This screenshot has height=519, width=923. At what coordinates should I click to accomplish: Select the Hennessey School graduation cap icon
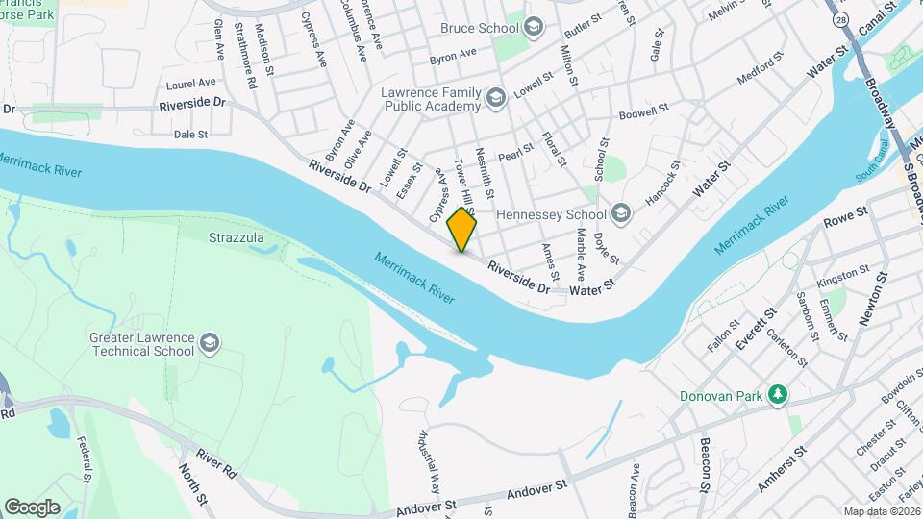click(x=621, y=214)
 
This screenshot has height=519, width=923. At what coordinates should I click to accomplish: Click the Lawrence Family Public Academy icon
click(x=495, y=97)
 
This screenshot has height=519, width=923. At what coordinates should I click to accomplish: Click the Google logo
click(x=32, y=507)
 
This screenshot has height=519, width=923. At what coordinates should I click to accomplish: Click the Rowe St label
click(x=847, y=216)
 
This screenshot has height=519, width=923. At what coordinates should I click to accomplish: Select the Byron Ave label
click(x=453, y=57)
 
